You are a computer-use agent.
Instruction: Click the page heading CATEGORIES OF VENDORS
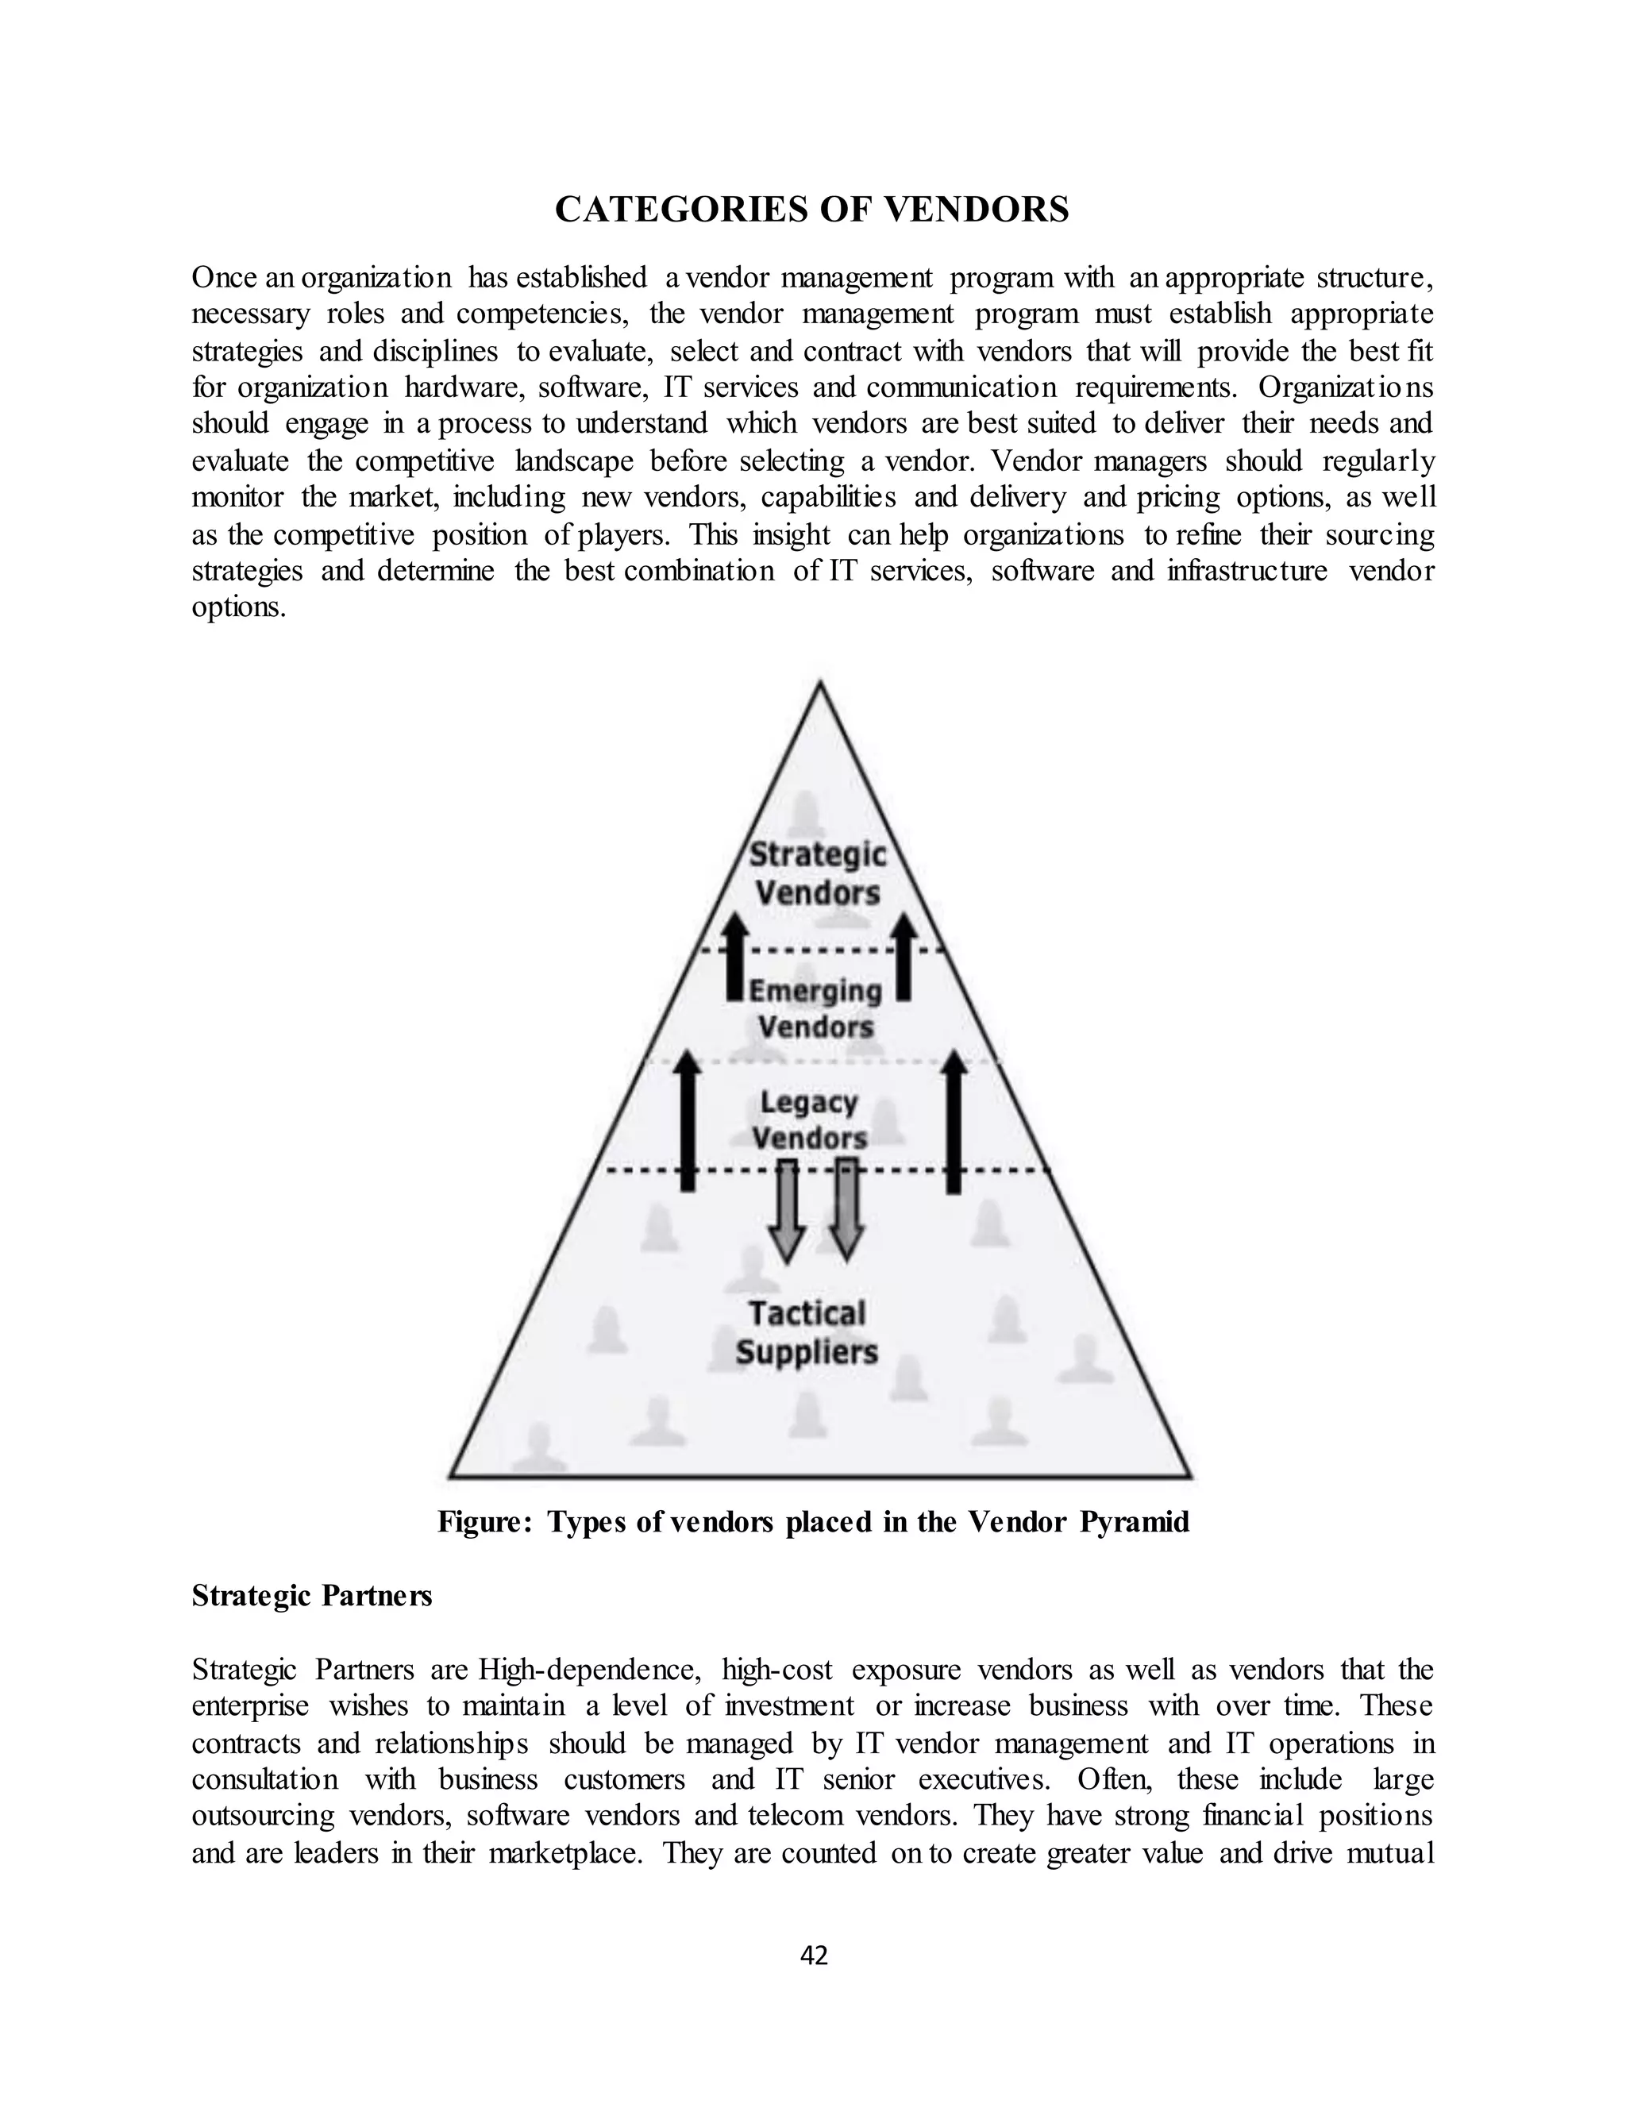[x=812, y=209]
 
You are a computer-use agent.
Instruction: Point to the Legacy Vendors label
[x=810, y=1120]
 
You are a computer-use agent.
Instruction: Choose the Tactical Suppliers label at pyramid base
[x=807, y=1332]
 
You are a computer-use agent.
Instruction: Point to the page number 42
[x=814, y=1955]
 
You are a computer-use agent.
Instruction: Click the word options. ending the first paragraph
[x=239, y=608]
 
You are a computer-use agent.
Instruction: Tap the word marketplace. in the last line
[x=565, y=1852]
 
